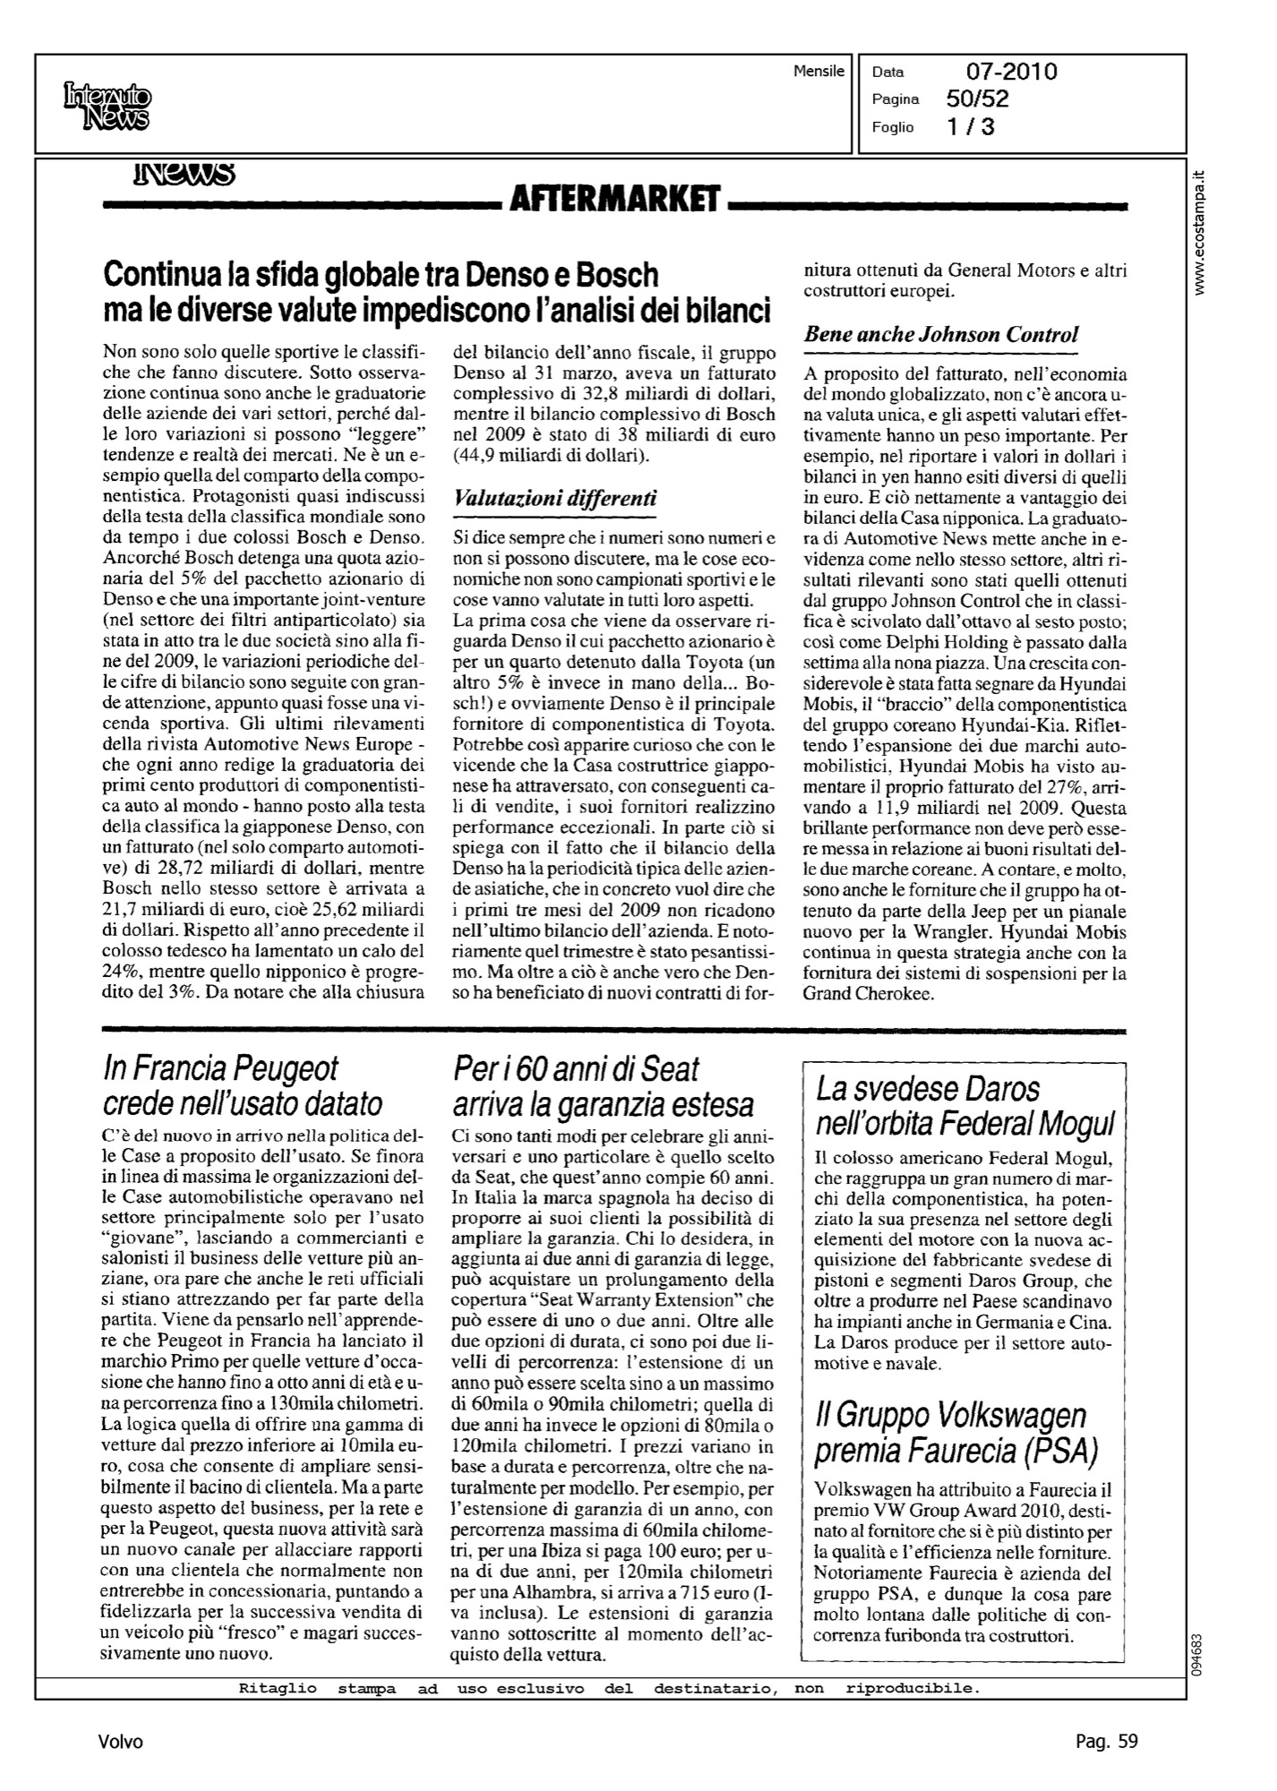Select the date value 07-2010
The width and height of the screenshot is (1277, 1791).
click(x=1011, y=72)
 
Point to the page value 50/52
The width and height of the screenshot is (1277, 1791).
click(x=977, y=99)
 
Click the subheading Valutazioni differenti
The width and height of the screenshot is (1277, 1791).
click(x=555, y=500)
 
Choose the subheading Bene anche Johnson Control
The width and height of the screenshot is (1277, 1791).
click(x=941, y=335)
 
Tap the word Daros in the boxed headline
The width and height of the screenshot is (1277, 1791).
click(x=994, y=1089)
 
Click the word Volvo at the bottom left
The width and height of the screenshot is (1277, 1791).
click(x=121, y=1741)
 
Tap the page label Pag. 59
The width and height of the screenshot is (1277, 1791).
click(x=1106, y=1741)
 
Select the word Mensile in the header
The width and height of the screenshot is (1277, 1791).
click(x=818, y=71)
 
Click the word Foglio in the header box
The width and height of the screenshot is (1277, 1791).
click(x=893, y=127)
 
